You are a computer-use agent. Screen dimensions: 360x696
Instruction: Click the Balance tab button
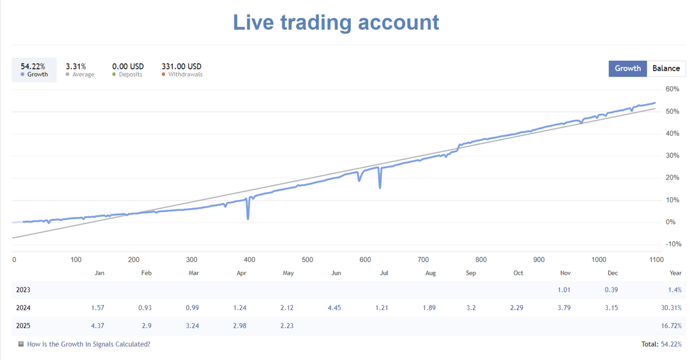tap(666, 68)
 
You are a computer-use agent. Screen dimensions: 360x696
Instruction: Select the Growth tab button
tap(628, 68)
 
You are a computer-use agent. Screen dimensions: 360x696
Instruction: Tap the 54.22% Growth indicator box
tap(34, 70)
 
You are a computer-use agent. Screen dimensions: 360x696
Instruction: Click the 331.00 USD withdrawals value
tap(182, 67)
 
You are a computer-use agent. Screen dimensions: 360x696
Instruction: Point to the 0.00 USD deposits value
tap(128, 67)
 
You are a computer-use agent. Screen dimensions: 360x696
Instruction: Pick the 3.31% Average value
tap(76, 67)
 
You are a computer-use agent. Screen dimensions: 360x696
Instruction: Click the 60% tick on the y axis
tap(672, 89)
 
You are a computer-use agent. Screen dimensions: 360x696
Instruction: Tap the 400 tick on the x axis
tap(249, 260)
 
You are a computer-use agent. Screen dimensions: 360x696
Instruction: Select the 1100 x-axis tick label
tap(656, 260)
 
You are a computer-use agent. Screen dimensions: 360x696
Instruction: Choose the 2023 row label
tap(24, 290)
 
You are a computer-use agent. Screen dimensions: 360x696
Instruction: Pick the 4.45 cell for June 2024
tap(334, 308)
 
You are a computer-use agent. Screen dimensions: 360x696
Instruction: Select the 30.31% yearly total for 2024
tap(671, 308)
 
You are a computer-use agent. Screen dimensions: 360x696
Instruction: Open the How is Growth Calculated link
tap(88, 344)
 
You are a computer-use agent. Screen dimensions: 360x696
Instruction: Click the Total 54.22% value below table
tap(671, 344)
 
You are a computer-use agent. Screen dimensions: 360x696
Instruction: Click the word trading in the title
tap(316, 23)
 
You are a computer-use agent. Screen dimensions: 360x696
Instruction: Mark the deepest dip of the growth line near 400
tap(248, 219)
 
